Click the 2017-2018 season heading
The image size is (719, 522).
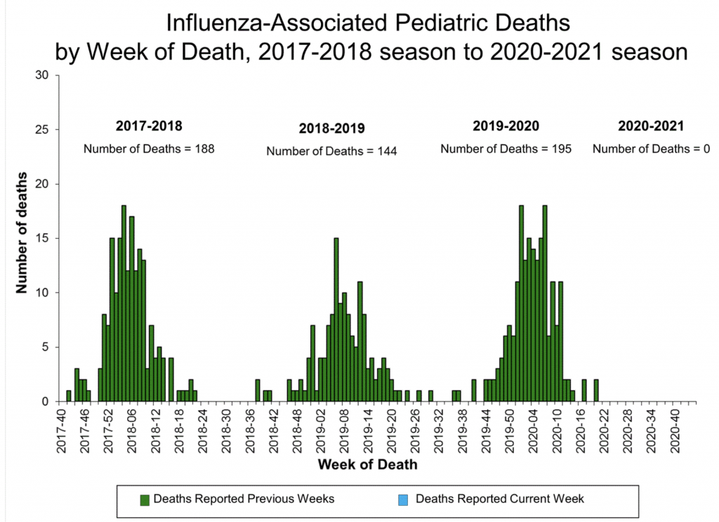[149, 127]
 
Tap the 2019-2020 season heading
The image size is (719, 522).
[506, 127]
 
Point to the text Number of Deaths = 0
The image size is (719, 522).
[652, 149]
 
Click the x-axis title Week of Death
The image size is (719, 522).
[367, 464]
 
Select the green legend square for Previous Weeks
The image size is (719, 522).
[145, 500]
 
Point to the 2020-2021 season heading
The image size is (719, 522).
[651, 127]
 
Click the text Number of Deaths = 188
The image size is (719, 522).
[149, 149]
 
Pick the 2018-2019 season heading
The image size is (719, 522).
[332, 129]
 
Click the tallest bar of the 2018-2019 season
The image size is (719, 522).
[336, 320]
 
